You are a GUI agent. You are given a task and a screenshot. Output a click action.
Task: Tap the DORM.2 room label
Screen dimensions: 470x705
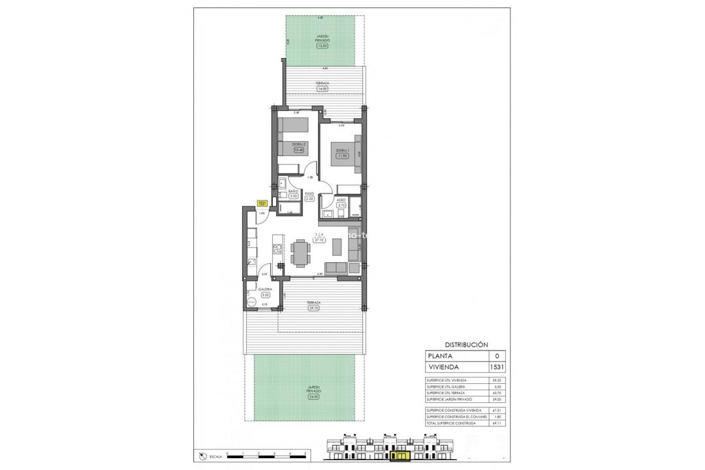(x=300, y=144)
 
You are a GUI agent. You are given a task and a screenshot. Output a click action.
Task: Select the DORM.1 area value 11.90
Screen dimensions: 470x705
(x=341, y=156)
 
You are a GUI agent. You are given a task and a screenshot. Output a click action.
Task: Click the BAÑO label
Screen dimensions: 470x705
(x=293, y=191)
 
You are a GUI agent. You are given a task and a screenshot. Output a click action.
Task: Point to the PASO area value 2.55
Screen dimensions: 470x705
(x=310, y=198)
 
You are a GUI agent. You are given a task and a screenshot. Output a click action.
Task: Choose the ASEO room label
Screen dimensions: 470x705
(x=341, y=200)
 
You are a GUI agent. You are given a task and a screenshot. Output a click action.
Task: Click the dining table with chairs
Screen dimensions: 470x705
(x=301, y=252)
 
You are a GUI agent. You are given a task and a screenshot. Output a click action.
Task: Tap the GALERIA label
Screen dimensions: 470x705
(x=265, y=289)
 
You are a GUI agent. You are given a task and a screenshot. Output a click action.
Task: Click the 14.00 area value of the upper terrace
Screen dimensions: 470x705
(x=322, y=88)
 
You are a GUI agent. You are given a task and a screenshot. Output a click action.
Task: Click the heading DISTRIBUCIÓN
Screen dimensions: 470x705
(x=466, y=344)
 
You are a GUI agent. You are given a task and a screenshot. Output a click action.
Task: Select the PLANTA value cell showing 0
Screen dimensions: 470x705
(x=497, y=356)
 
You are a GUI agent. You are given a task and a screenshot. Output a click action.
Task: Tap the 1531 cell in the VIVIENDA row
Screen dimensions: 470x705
(x=497, y=368)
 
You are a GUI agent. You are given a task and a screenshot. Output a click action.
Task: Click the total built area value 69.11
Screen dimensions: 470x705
(x=497, y=424)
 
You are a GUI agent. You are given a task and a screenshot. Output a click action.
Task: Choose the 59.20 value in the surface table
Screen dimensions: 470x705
(x=497, y=380)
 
